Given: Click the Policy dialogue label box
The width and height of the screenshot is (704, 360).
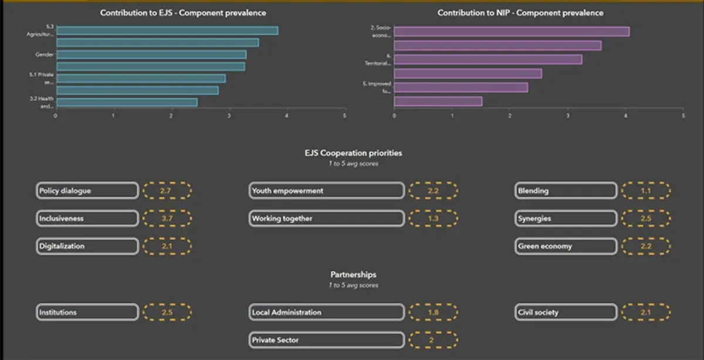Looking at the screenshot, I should tap(87, 191).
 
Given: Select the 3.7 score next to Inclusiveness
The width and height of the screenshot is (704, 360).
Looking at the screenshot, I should tap(167, 219).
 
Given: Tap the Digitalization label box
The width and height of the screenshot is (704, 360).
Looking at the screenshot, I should tap(87, 246).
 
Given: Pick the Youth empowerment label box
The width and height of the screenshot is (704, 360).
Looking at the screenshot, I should tap(327, 191).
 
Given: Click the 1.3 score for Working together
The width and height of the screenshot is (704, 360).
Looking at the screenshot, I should tap(434, 219).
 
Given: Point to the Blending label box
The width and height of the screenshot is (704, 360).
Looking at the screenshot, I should tap(566, 191).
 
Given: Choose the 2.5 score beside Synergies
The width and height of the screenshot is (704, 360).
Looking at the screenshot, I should tap(646, 219).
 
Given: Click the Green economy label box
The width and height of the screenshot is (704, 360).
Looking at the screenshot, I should tap(566, 246).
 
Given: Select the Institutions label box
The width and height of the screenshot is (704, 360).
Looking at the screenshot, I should tap(87, 313).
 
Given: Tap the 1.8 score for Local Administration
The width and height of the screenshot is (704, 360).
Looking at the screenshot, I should tap(434, 313).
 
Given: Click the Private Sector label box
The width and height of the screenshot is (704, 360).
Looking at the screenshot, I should tap(327, 340).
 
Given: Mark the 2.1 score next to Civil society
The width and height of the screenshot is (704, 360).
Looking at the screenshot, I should tap(646, 313).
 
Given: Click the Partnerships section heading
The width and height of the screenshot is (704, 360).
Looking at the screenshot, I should tap(353, 274).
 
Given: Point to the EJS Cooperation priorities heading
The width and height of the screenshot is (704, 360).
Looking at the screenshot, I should tap(353, 153).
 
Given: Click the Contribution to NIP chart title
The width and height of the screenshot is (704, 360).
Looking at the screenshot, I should tap(520, 13).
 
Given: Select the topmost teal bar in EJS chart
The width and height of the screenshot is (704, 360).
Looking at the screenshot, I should tap(167, 30).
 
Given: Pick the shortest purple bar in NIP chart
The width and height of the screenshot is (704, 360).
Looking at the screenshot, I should tap(438, 101).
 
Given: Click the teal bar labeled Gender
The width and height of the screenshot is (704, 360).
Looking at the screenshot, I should tap(151, 55).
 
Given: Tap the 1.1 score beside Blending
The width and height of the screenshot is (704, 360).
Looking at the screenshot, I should tap(646, 191).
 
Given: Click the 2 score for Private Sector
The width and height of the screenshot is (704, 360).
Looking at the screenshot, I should tap(434, 340).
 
